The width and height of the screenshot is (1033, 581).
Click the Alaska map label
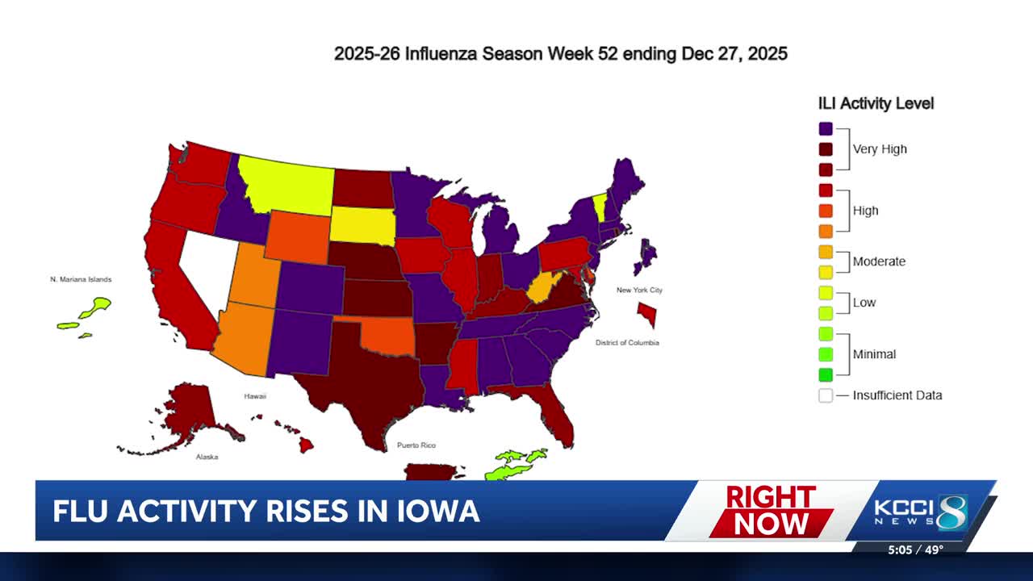click(x=207, y=457)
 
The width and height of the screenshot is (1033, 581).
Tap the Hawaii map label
click(x=255, y=396)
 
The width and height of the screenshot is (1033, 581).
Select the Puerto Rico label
click(x=416, y=445)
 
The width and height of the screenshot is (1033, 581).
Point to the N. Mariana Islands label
click(x=81, y=279)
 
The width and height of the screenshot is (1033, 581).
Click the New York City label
click(x=639, y=290)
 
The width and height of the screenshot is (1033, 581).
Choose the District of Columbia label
click(x=627, y=343)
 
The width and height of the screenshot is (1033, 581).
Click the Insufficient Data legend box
click(x=825, y=395)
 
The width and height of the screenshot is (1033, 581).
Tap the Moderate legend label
click(x=879, y=261)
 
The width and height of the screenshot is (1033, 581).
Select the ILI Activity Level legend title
click(x=876, y=103)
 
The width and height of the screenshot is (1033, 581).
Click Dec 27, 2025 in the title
click(x=734, y=54)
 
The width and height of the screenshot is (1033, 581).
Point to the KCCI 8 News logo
click(x=920, y=512)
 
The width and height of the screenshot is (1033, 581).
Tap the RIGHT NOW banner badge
click(x=771, y=511)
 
